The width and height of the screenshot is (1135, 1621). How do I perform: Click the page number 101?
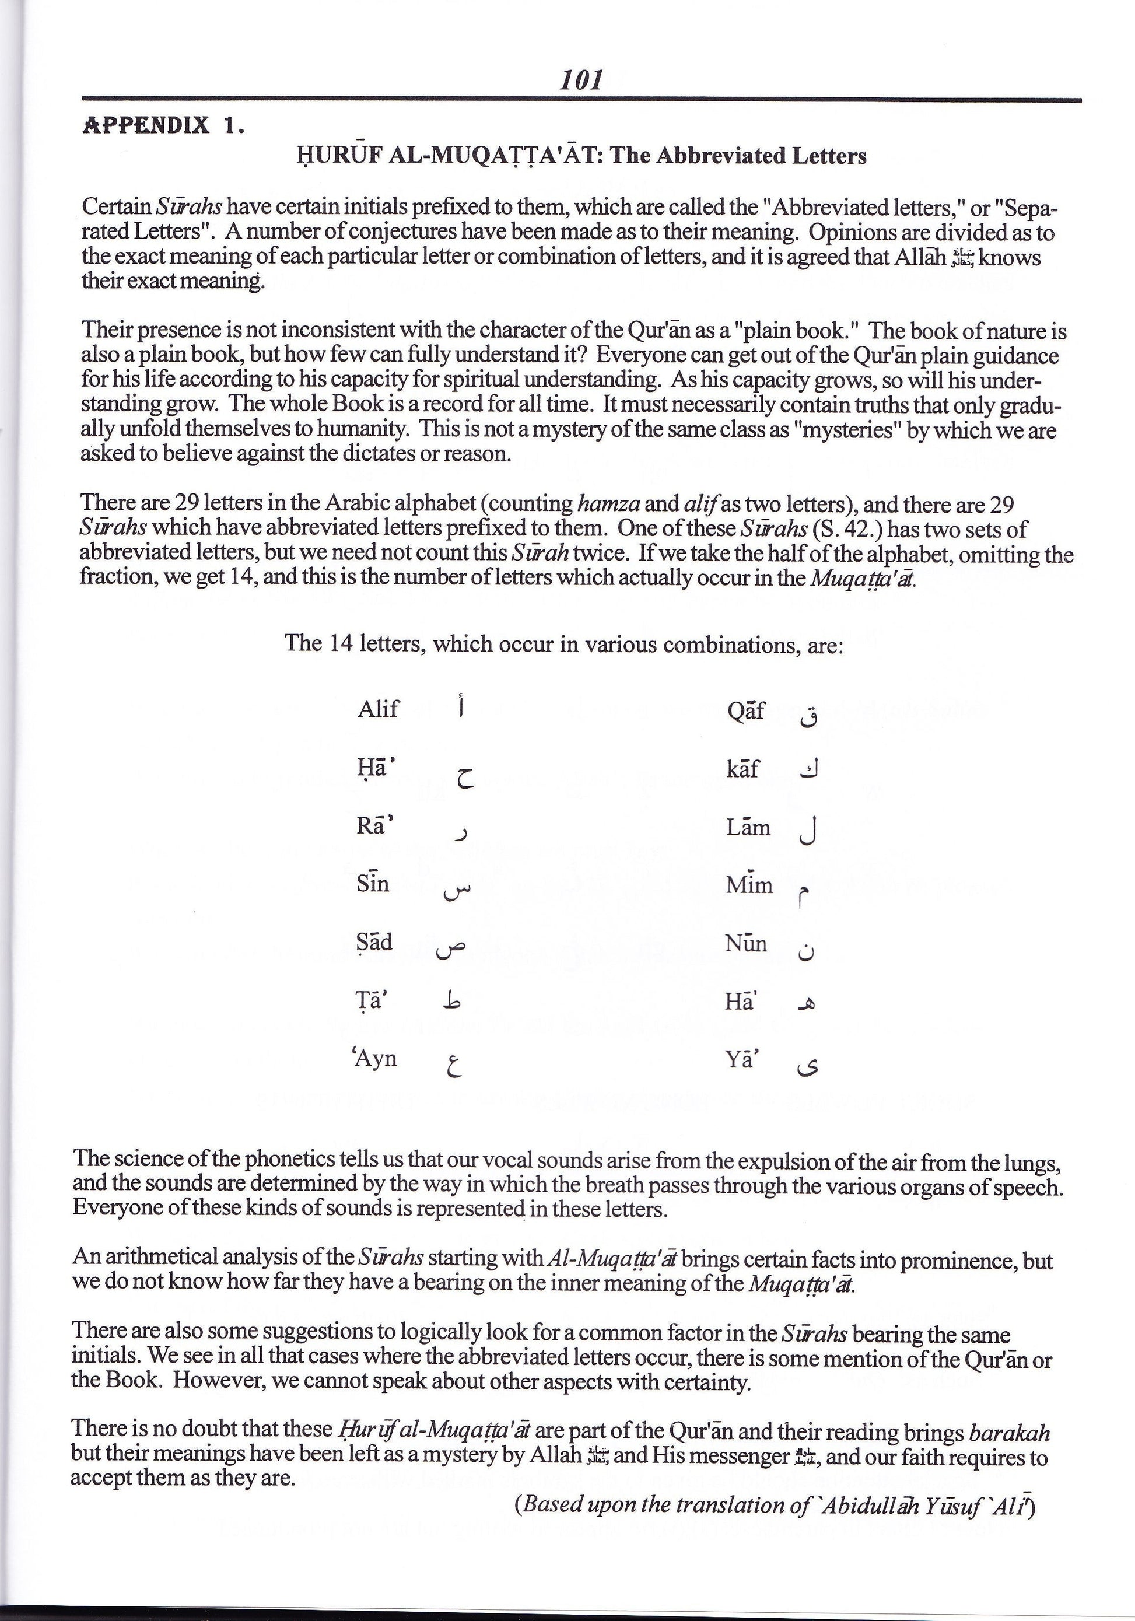click(581, 80)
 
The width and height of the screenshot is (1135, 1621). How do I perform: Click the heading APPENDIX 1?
click(164, 125)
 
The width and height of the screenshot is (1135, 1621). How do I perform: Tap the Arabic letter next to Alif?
click(460, 707)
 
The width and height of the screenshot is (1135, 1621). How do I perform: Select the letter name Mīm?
click(749, 884)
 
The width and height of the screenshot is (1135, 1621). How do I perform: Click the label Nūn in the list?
click(746, 943)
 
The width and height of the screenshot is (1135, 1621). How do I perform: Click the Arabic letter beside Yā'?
click(806, 1067)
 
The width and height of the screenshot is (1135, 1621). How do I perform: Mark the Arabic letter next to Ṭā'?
click(452, 1001)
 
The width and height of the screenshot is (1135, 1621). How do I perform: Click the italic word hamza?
click(608, 504)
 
